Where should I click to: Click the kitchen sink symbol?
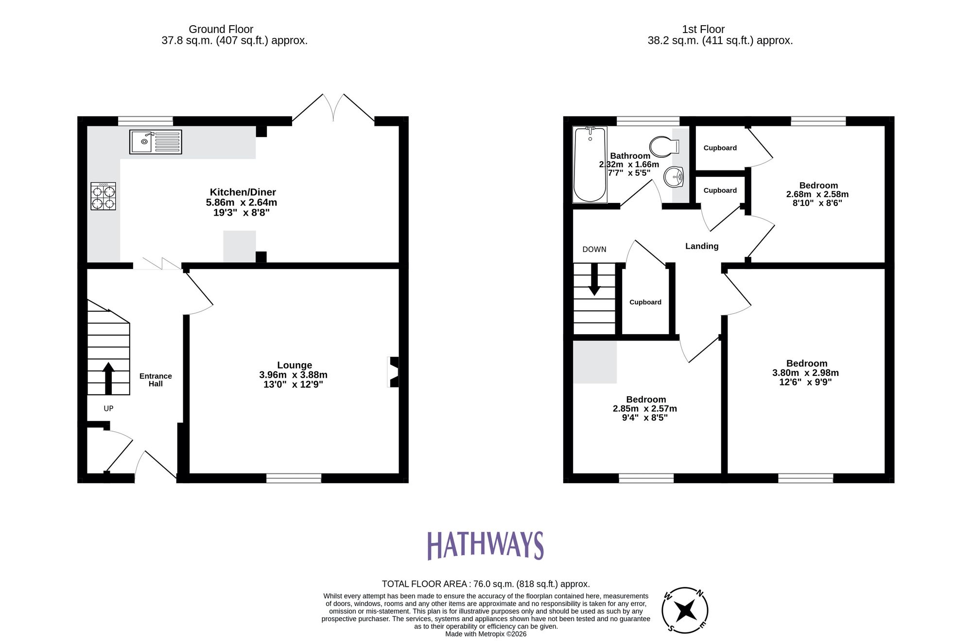pos(155,142)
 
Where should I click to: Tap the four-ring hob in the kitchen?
pos(103,196)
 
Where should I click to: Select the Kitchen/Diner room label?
pos(243,192)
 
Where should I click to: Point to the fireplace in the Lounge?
pos(394,372)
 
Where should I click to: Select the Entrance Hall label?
pos(156,380)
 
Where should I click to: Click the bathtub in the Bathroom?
pos(590,164)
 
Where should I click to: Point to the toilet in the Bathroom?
pos(663,146)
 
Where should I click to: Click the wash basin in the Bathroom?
pos(674,177)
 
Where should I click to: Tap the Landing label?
pos(701,246)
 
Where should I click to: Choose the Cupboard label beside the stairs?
pos(645,302)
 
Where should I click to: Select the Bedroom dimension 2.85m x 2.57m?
pos(644,409)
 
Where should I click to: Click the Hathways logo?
pos(485,545)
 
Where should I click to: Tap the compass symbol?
pos(685,610)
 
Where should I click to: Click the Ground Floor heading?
pos(221,29)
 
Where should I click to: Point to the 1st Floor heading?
pos(703,29)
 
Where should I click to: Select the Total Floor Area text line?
pos(486,584)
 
